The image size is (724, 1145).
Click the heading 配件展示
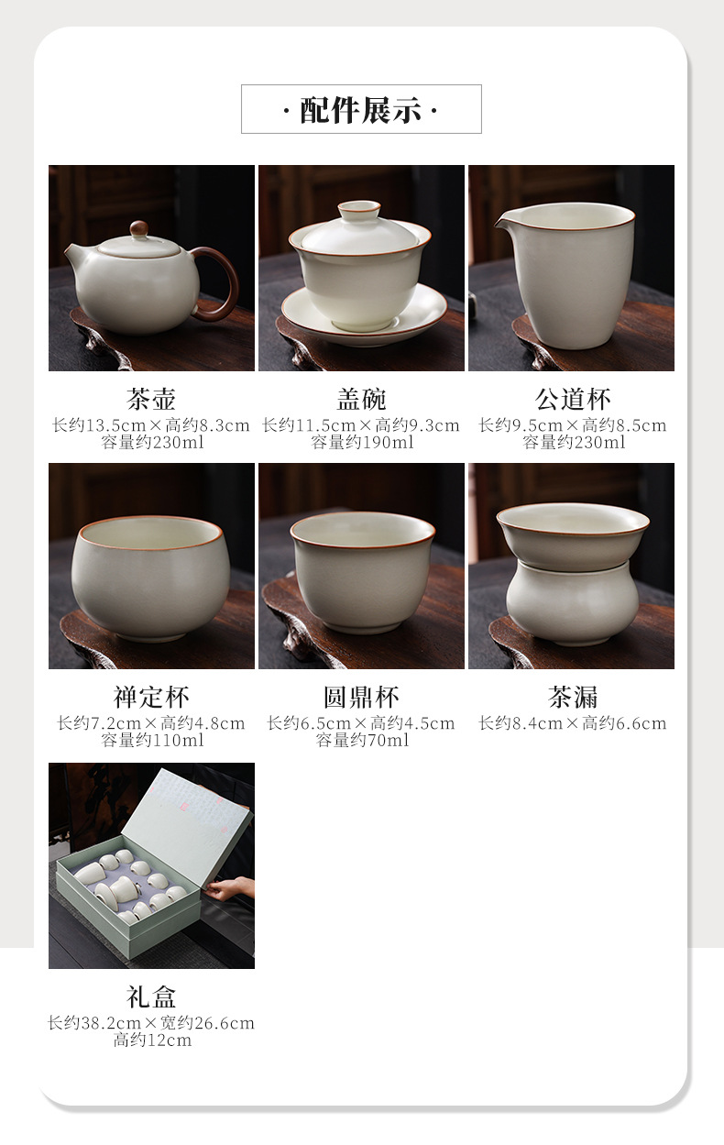[361, 110]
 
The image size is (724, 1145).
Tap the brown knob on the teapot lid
[139, 229]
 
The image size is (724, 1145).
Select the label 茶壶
[151, 399]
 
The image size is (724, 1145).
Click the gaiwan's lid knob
[359, 210]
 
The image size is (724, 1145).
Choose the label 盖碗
[361, 399]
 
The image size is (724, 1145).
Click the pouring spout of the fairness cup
[503, 221]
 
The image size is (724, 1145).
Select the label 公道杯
[573, 399]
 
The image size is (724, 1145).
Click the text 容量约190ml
[362, 443]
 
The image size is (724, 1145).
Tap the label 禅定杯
[151, 698]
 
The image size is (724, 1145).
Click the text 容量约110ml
[152, 740]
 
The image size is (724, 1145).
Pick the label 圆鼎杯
[361, 698]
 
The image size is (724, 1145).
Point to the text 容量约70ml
[362, 740]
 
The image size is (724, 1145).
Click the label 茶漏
[573, 698]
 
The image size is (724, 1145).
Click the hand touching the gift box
[230, 889]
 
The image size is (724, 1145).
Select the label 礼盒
[151, 996]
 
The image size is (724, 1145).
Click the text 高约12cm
[152, 1040]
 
